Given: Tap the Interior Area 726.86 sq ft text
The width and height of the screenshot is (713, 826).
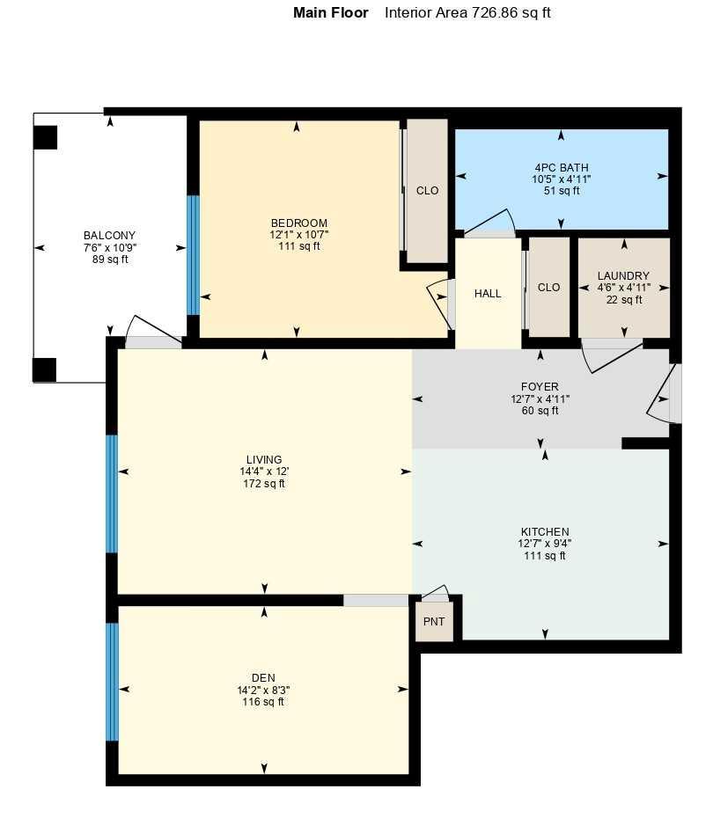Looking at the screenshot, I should (x=467, y=13).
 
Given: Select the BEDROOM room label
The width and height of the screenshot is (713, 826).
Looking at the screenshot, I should (x=298, y=223).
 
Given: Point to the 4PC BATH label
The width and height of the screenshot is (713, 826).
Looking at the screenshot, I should (x=561, y=168).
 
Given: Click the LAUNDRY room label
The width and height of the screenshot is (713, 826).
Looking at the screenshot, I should (x=623, y=276).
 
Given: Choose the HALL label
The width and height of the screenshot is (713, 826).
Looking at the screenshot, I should (x=488, y=294).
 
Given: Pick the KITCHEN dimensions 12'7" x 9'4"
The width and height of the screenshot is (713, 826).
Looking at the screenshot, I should (x=545, y=544).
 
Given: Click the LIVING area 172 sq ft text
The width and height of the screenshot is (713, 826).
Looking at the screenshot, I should (x=264, y=484).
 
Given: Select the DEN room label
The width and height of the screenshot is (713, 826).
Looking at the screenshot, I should (x=263, y=677).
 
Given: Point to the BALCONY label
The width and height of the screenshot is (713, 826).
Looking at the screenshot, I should (x=109, y=236).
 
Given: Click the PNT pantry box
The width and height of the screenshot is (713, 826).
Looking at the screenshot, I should (x=434, y=621).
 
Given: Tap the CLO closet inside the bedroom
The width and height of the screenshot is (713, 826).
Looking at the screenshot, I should (x=427, y=191).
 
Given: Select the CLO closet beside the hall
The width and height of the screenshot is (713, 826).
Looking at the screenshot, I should (x=548, y=287).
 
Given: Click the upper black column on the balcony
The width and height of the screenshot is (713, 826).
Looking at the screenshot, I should (x=45, y=137).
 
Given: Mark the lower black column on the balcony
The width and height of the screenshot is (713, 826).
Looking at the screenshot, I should (x=45, y=369).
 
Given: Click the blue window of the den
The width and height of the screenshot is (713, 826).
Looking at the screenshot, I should (x=112, y=682).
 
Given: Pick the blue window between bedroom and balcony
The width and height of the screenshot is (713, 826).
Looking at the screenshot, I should (x=193, y=255).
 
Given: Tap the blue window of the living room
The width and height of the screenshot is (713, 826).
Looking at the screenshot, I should (x=112, y=493).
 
